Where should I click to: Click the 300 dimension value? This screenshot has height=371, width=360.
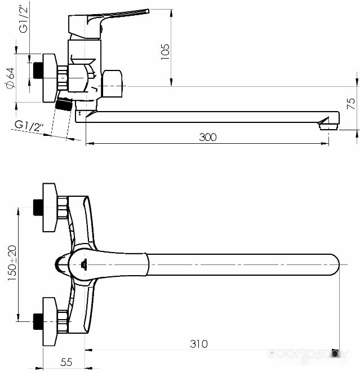[x=207, y=137]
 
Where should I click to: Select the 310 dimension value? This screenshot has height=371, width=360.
[x=199, y=344]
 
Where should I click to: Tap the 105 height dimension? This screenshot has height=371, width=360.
[x=165, y=51]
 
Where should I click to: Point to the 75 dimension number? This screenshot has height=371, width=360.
[x=351, y=104]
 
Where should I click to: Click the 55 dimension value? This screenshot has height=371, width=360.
[x=66, y=362]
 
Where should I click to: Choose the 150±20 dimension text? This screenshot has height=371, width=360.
[x=12, y=263]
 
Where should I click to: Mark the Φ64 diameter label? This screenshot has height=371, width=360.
[x=10, y=78]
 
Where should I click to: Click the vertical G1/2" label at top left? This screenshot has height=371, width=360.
[x=24, y=19]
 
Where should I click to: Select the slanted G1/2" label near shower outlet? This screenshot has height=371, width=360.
[x=29, y=126]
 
